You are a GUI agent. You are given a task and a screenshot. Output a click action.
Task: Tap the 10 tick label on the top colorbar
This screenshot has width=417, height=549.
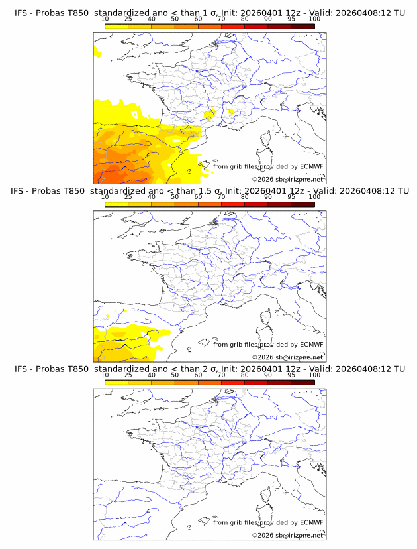coord(105,19)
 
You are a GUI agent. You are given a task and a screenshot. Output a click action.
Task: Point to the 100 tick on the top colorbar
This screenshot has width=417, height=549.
coord(314,19)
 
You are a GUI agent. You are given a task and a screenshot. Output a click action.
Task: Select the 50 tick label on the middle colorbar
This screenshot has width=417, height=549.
coord(175,197)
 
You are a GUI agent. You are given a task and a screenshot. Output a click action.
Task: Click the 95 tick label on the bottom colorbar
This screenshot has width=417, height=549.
coord(291,375)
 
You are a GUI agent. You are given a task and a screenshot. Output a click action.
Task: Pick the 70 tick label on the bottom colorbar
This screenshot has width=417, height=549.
coord(221,375)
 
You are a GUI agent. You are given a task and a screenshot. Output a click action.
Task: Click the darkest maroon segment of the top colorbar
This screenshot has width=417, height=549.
coord(302,26)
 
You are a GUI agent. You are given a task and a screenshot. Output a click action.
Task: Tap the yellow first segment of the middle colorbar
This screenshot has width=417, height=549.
coord(116,204)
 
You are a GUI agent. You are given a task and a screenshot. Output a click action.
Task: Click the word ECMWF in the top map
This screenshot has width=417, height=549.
coord(311,166)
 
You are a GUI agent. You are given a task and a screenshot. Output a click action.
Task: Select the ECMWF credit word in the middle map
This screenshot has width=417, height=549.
coord(311,344)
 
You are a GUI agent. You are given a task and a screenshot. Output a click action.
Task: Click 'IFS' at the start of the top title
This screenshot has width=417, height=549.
coord(21,13)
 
